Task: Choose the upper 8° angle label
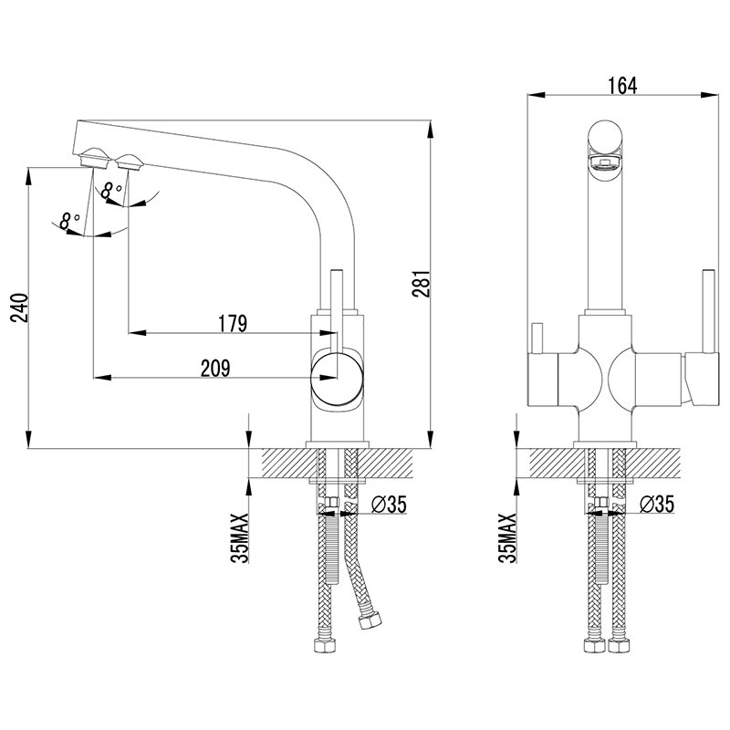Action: click(x=111, y=191)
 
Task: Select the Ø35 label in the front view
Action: click(x=656, y=505)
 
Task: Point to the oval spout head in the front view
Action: click(x=604, y=146)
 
